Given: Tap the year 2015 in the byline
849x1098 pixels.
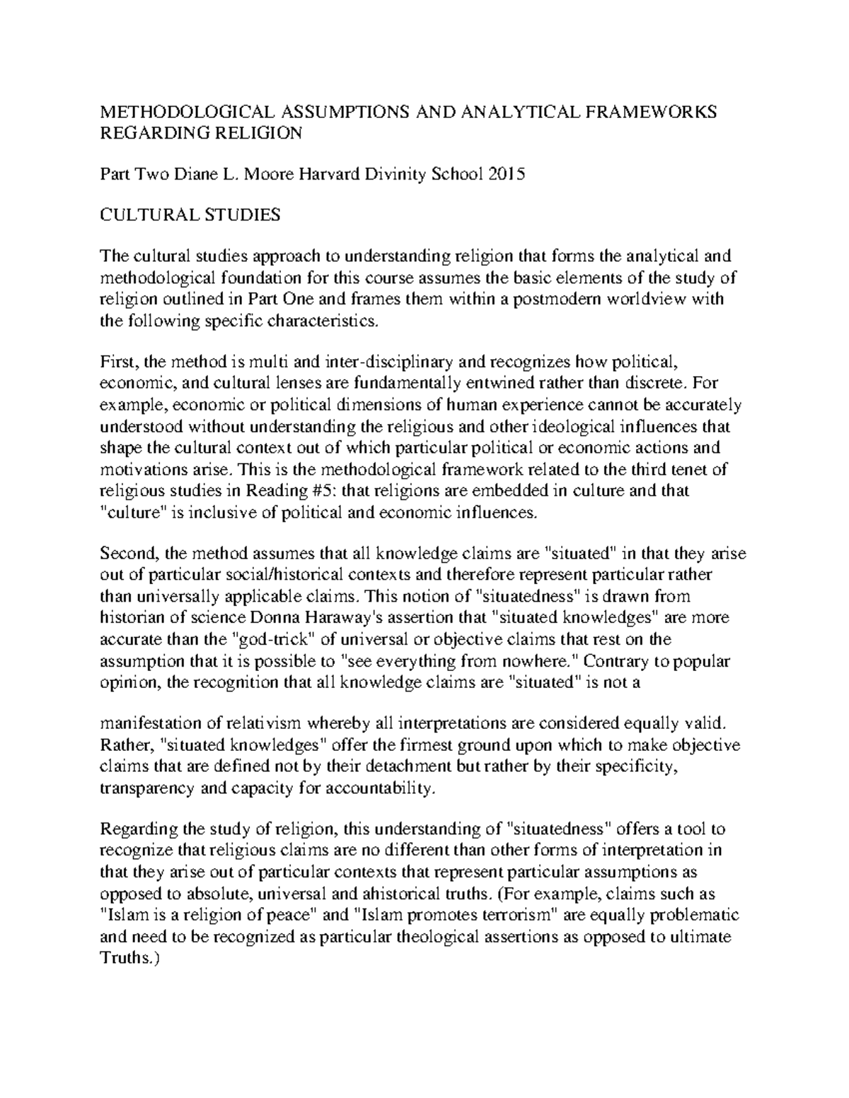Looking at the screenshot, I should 506,174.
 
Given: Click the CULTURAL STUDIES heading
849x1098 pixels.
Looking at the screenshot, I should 191,215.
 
